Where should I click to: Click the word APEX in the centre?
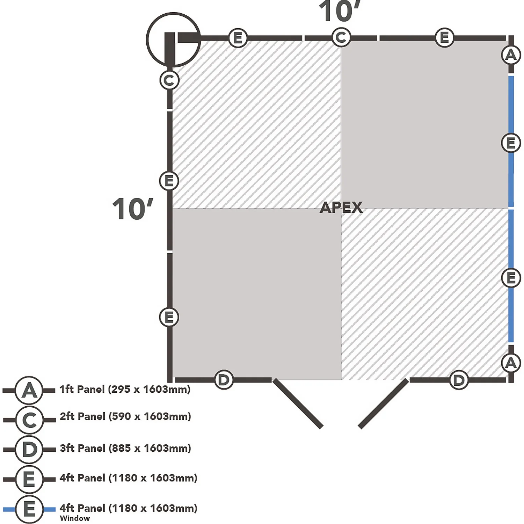[x=341, y=208]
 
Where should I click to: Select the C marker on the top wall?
[x=341, y=37]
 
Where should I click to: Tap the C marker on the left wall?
[x=169, y=81]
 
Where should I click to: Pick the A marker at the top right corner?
[x=511, y=55]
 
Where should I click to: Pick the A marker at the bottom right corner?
[x=511, y=363]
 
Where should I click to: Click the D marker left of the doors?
[x=224, y=380]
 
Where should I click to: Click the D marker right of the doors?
[x=459, y=380]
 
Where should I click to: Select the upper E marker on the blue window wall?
[x=511, y=143]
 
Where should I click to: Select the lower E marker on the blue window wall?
[x=511, y=278]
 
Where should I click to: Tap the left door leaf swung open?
[x=298, y=403]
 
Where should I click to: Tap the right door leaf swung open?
[x=383, y=403]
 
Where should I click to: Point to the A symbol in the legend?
[x=29, y=390]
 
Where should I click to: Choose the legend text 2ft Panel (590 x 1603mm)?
[x=125, y=416]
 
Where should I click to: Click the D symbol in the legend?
[x=29, y=449]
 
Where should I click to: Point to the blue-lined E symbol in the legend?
[x=29, y=509]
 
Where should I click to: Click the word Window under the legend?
[x=75, y=518]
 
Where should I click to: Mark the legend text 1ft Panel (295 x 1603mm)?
[x=125, y=389]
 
